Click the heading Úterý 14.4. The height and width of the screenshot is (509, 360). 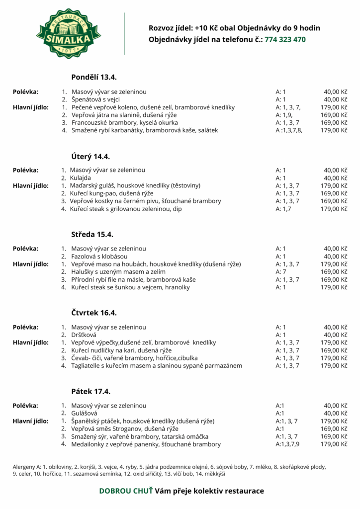90,156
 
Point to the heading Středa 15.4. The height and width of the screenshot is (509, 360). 93,234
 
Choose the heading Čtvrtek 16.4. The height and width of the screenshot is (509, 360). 94,313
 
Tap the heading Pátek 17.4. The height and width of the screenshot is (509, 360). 90,391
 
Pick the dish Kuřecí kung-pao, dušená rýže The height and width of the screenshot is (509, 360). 104,193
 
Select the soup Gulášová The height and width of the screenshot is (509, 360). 84,413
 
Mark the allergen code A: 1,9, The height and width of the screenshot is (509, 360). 285,115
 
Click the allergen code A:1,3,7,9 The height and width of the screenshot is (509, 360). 287,444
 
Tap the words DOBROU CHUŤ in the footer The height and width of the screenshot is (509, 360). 126,491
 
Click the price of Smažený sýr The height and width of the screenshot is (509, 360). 333,436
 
